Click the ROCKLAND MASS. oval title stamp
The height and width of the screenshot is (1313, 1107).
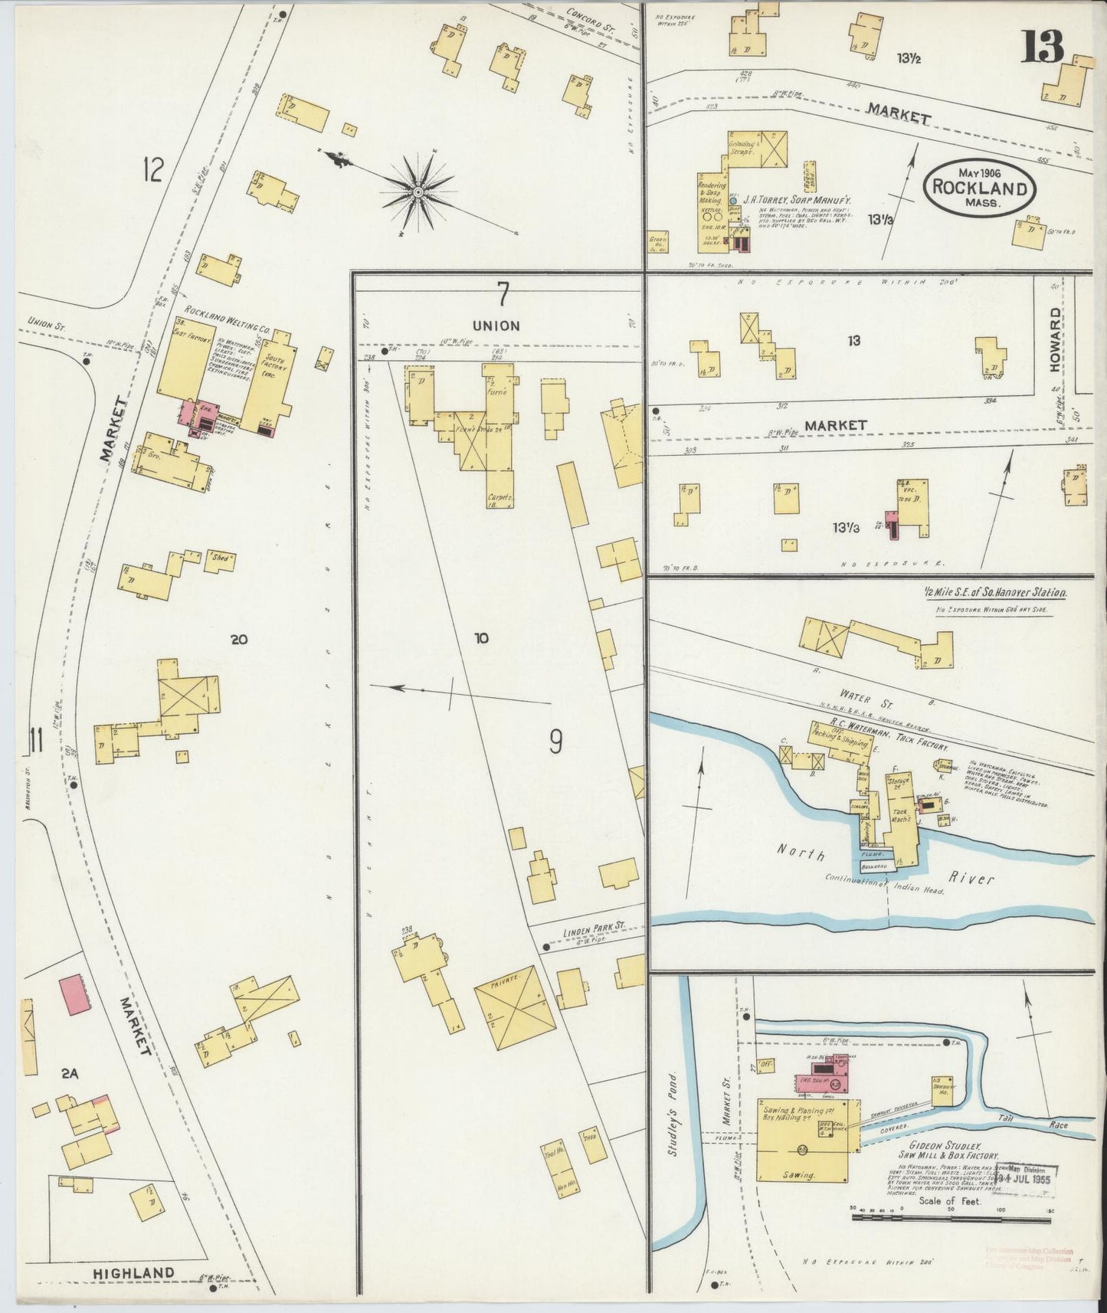tap(979, 186)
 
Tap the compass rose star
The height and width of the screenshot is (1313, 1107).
tap(418, 192)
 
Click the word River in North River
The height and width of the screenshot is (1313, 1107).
tap(972, 879)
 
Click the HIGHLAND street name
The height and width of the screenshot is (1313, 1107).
tap(133, 1273)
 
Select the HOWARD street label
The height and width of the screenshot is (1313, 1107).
tap(1056, 340)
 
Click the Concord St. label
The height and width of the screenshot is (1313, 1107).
tap(592, 18)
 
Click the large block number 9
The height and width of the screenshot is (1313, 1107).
tap(556, 741)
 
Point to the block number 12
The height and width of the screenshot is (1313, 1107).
tap(152, 170)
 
